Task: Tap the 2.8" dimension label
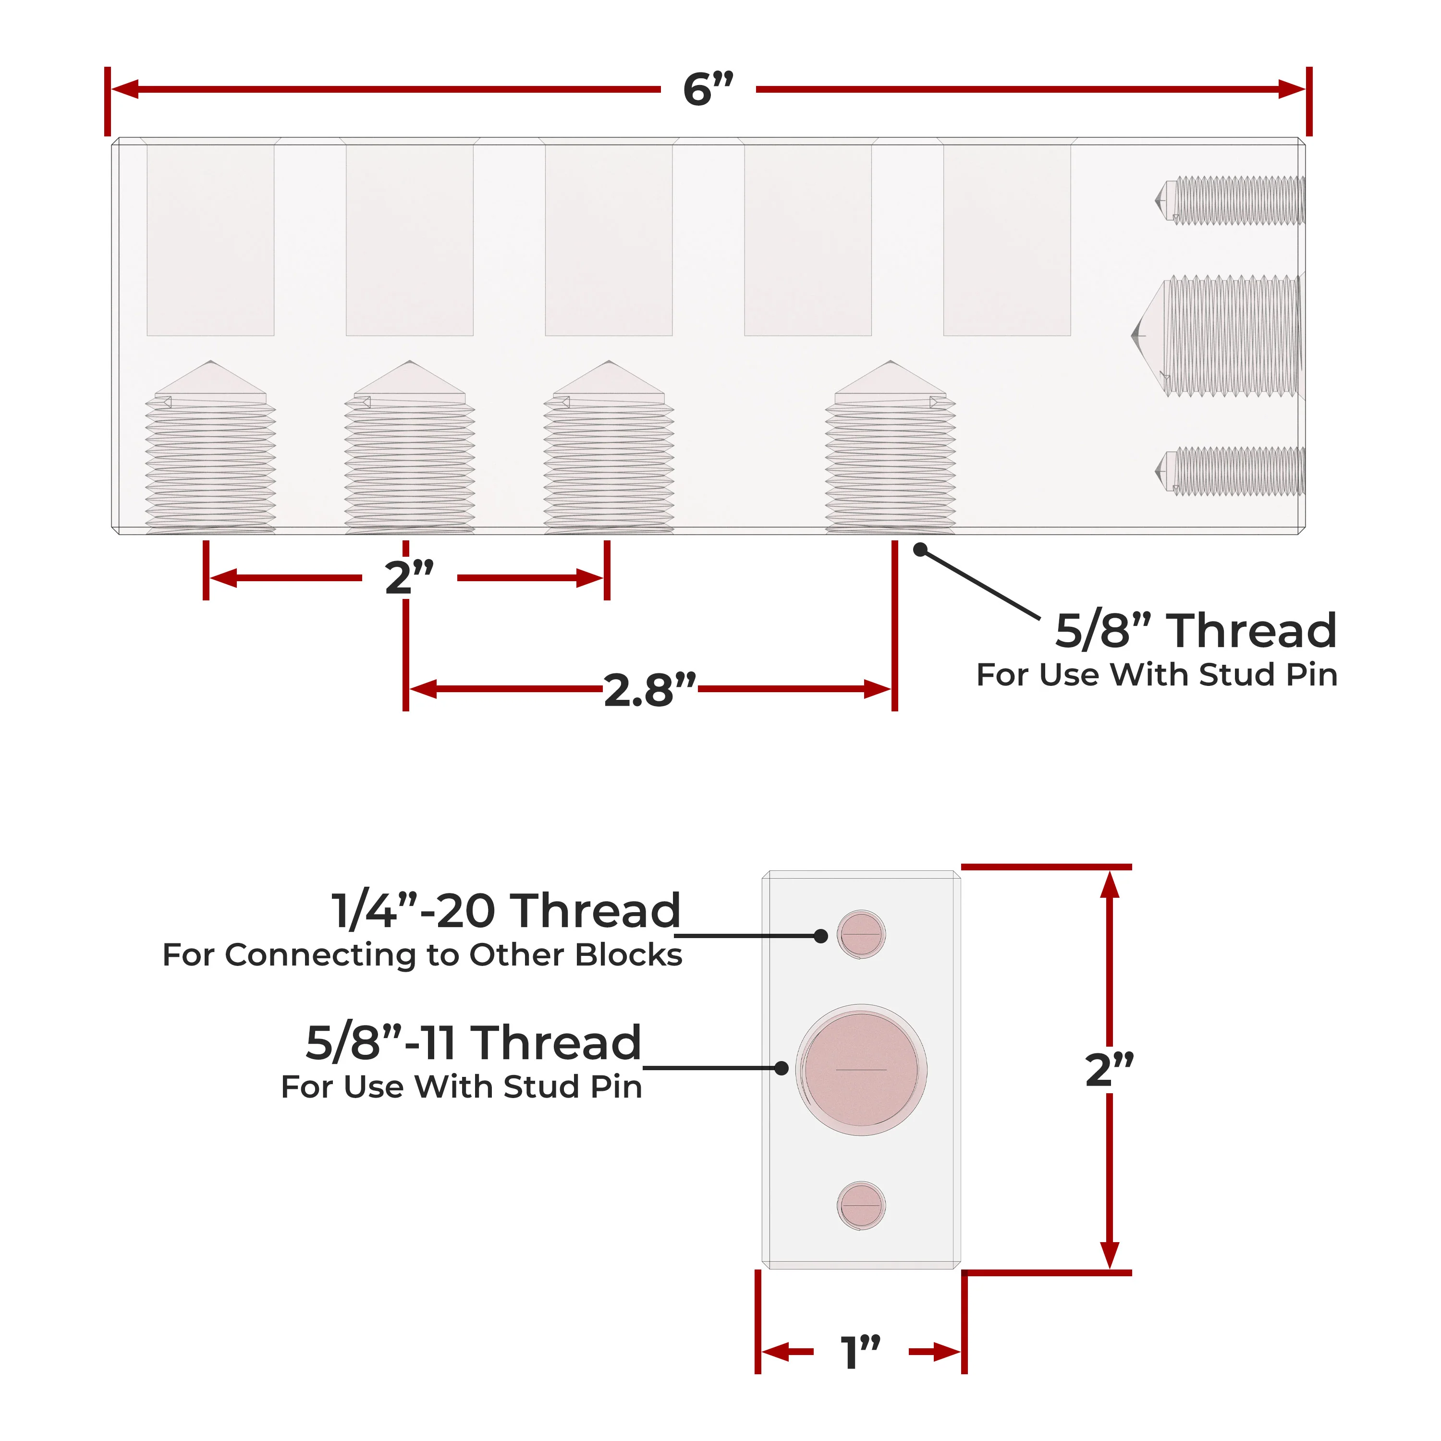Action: click(x=649, y=690)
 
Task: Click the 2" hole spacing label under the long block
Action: click(x=409, y=577)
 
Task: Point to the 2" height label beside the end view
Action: click(x=1109, y=1070)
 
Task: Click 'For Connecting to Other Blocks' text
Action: click(x=422, y=955)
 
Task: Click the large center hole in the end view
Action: click(x=861, y=1070)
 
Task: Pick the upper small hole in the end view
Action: click(x=861, y=934)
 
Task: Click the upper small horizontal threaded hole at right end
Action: click(x=1230, y=200)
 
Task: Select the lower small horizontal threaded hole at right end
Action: click(x=1230, y=471)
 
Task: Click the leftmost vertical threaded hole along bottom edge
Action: click(x=210, y=448)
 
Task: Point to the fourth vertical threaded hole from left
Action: click(x=891, y=448)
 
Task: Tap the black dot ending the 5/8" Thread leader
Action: click(x=920, y=549)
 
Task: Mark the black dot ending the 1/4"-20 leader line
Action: click(x=820, y=935)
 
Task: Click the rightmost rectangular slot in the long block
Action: click(x=1007, y=240)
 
